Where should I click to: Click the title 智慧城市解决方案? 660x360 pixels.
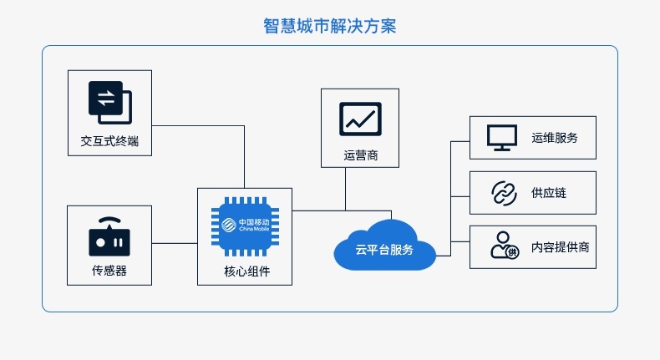(329, 26)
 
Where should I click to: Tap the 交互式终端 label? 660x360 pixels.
(109, 141)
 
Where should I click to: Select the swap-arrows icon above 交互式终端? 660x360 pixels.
(109, 102)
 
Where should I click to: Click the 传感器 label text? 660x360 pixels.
(109, 271)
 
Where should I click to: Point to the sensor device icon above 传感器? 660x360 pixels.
(109, 236)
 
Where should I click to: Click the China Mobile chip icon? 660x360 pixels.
(245, 226)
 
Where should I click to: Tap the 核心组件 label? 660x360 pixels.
(247, 271)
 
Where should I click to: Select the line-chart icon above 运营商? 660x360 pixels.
(360, 119)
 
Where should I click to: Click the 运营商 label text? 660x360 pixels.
(361, 155)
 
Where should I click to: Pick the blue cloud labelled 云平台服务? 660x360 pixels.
(384, 245)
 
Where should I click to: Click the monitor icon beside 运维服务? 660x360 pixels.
(502, 138)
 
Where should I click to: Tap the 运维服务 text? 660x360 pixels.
(555, 138)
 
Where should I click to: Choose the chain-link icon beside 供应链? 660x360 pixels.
(504, 193)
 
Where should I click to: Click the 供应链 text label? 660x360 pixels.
(549, 193)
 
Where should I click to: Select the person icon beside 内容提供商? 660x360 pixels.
(505, 245)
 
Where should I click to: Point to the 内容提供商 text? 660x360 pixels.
(561, 247)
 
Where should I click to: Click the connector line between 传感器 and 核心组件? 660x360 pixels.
(175, 243)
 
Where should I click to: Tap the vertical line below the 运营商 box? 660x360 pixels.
(346, 189)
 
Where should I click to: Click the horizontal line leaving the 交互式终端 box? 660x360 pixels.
(198, 125)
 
